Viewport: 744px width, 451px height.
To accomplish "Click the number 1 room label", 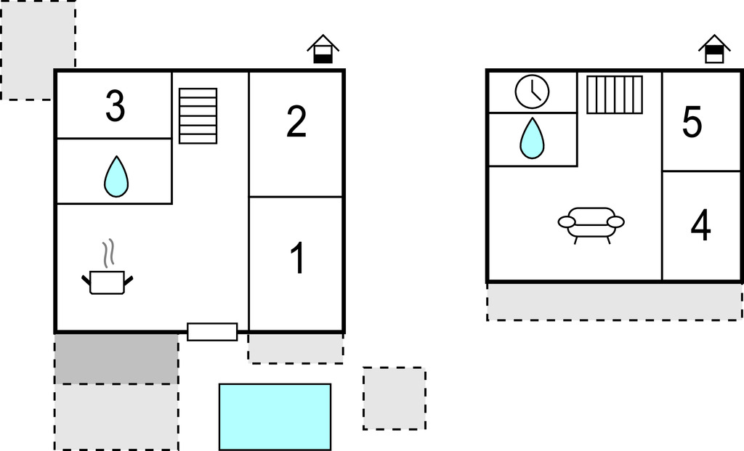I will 296,259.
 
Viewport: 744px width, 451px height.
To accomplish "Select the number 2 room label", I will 296,122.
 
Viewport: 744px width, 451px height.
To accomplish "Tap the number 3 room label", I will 115,106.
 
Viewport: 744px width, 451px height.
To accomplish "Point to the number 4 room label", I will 700,226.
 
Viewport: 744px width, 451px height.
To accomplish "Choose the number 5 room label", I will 692,122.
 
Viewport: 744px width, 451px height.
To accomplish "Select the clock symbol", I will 532,92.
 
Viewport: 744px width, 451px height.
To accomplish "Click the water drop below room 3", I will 116,176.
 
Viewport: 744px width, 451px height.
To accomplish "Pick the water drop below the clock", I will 532,138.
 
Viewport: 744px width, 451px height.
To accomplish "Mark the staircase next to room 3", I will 198,115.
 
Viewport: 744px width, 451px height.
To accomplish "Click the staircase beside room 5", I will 615,94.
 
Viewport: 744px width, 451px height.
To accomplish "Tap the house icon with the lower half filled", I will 323,49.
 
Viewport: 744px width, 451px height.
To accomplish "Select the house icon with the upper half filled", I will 714,49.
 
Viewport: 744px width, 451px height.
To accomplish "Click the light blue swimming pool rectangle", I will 275,416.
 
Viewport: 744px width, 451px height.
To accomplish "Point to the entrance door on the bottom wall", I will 212,332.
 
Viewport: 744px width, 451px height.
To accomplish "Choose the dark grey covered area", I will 116,359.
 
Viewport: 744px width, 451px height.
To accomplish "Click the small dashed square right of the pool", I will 394,398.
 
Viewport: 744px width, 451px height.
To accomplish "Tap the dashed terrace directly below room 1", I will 295,349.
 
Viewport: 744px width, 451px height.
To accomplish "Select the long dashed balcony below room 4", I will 614,301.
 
